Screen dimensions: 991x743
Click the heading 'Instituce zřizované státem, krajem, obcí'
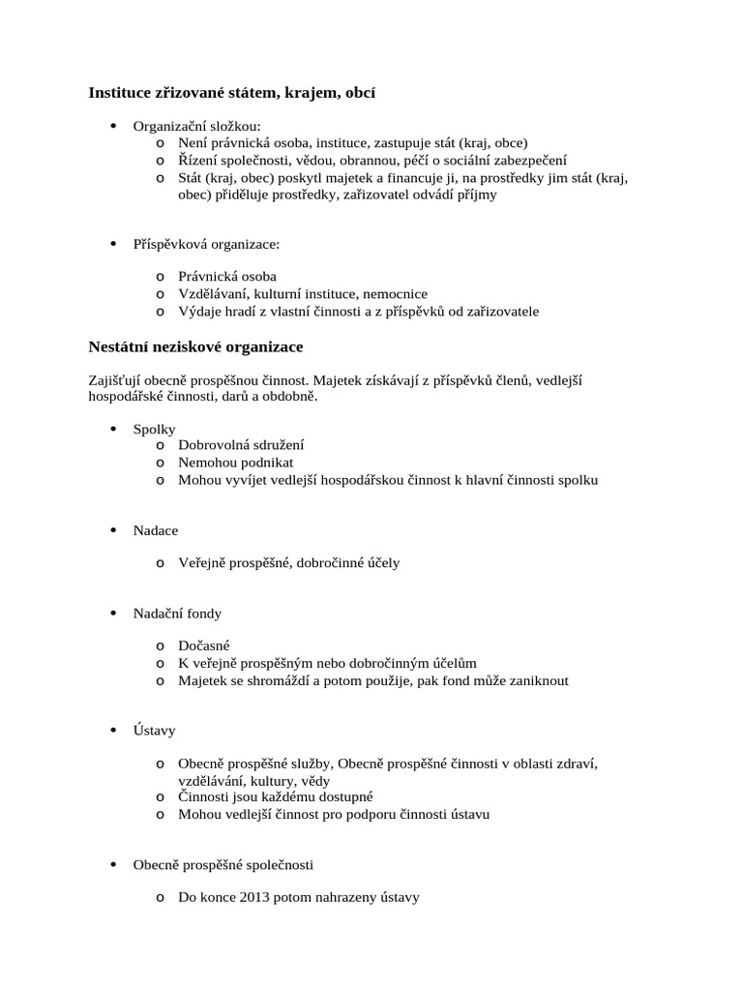232,93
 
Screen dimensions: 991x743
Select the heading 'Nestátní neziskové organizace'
196,345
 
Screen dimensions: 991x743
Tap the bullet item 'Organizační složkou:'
196,126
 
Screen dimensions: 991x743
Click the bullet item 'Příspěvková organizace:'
206,243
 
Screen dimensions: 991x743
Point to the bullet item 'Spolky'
155,429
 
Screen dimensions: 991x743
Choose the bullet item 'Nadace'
156,530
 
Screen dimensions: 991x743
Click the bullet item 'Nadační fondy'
177,614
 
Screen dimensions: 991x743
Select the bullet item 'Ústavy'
155,731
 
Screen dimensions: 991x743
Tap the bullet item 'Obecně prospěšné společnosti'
223,864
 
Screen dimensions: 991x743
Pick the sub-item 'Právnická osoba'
227,276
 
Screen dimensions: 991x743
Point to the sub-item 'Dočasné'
204,646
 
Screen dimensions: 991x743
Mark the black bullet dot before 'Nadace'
113,530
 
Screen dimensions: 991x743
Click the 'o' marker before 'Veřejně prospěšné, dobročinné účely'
159,563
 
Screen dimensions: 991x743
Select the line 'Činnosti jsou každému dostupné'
276,796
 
